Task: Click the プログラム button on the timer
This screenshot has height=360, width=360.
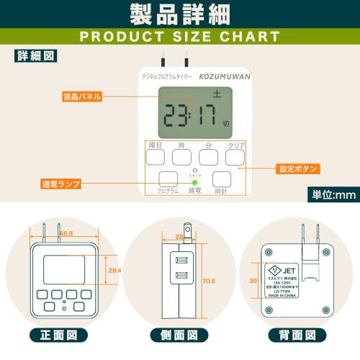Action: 168,180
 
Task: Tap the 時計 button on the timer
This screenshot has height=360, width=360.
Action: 222,180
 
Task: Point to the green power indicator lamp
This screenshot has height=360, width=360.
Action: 194,181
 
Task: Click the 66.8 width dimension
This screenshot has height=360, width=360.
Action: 68,233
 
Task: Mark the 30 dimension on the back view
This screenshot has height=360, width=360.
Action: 253,281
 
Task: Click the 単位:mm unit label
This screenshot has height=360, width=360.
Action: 333,194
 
